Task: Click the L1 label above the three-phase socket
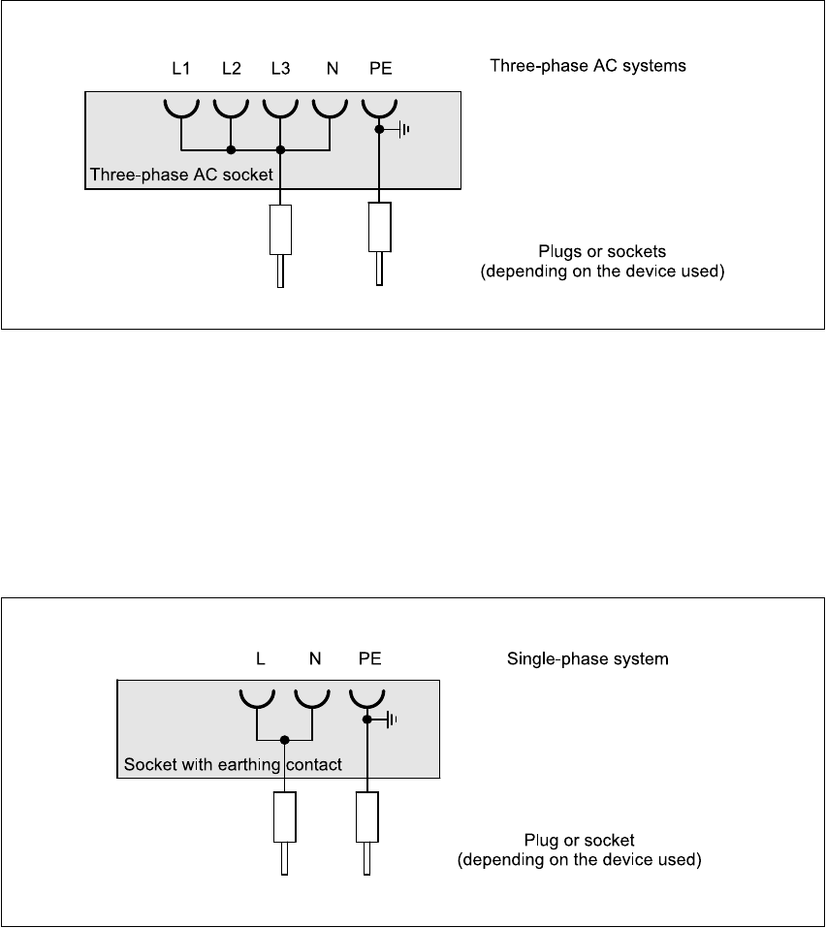(180, 69)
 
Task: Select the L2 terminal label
(232, 69)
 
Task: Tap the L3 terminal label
(280, 69)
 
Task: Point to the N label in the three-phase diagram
(333, 69)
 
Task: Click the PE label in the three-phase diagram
(380, 69)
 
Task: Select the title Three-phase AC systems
(588, 65)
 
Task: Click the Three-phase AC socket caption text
(181, 175)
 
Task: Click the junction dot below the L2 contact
(232, 149)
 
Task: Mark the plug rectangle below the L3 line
(280, 230)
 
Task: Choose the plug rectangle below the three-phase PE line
(379, 227)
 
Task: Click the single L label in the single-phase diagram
(261, 658)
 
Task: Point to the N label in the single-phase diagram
(315, 658)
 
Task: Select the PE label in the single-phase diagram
(369, 658)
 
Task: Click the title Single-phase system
(588, 658)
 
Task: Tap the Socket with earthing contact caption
(233, 765)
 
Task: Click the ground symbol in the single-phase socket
(390, 720)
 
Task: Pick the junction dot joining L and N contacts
(285, 740)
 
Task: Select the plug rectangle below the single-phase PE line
(366, 816)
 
